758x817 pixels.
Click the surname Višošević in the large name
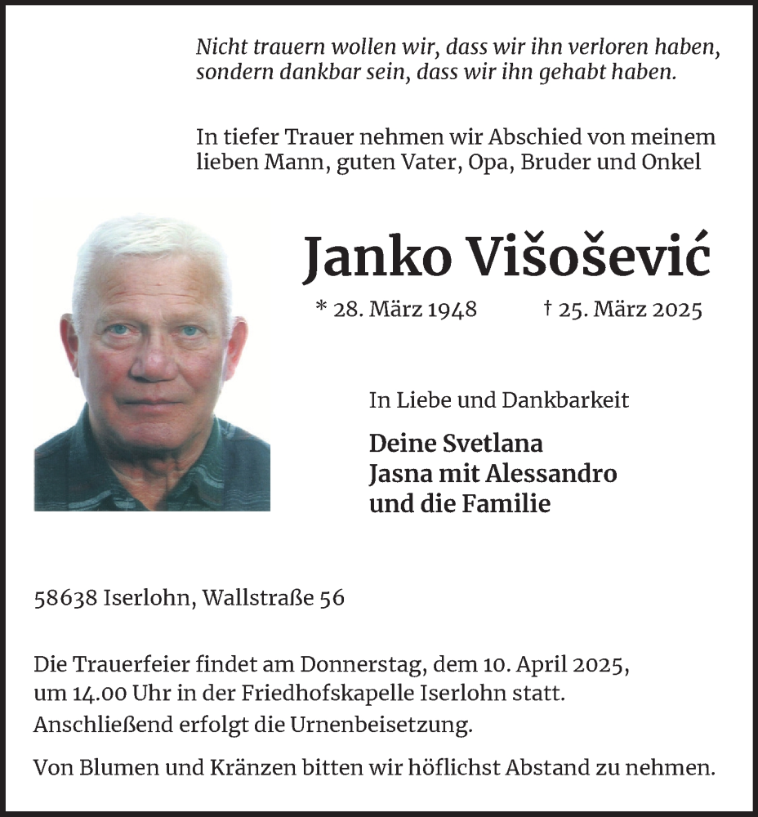click(589, 257)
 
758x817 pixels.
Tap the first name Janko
click(376, 257)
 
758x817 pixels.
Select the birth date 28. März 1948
click(404, 310)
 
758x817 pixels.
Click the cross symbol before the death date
click(546, 308)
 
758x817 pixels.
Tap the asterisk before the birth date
click(320, 307)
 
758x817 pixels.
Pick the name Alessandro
click(550, 474)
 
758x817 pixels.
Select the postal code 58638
click(67, 598)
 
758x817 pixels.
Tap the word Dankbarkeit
click(566, 400)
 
